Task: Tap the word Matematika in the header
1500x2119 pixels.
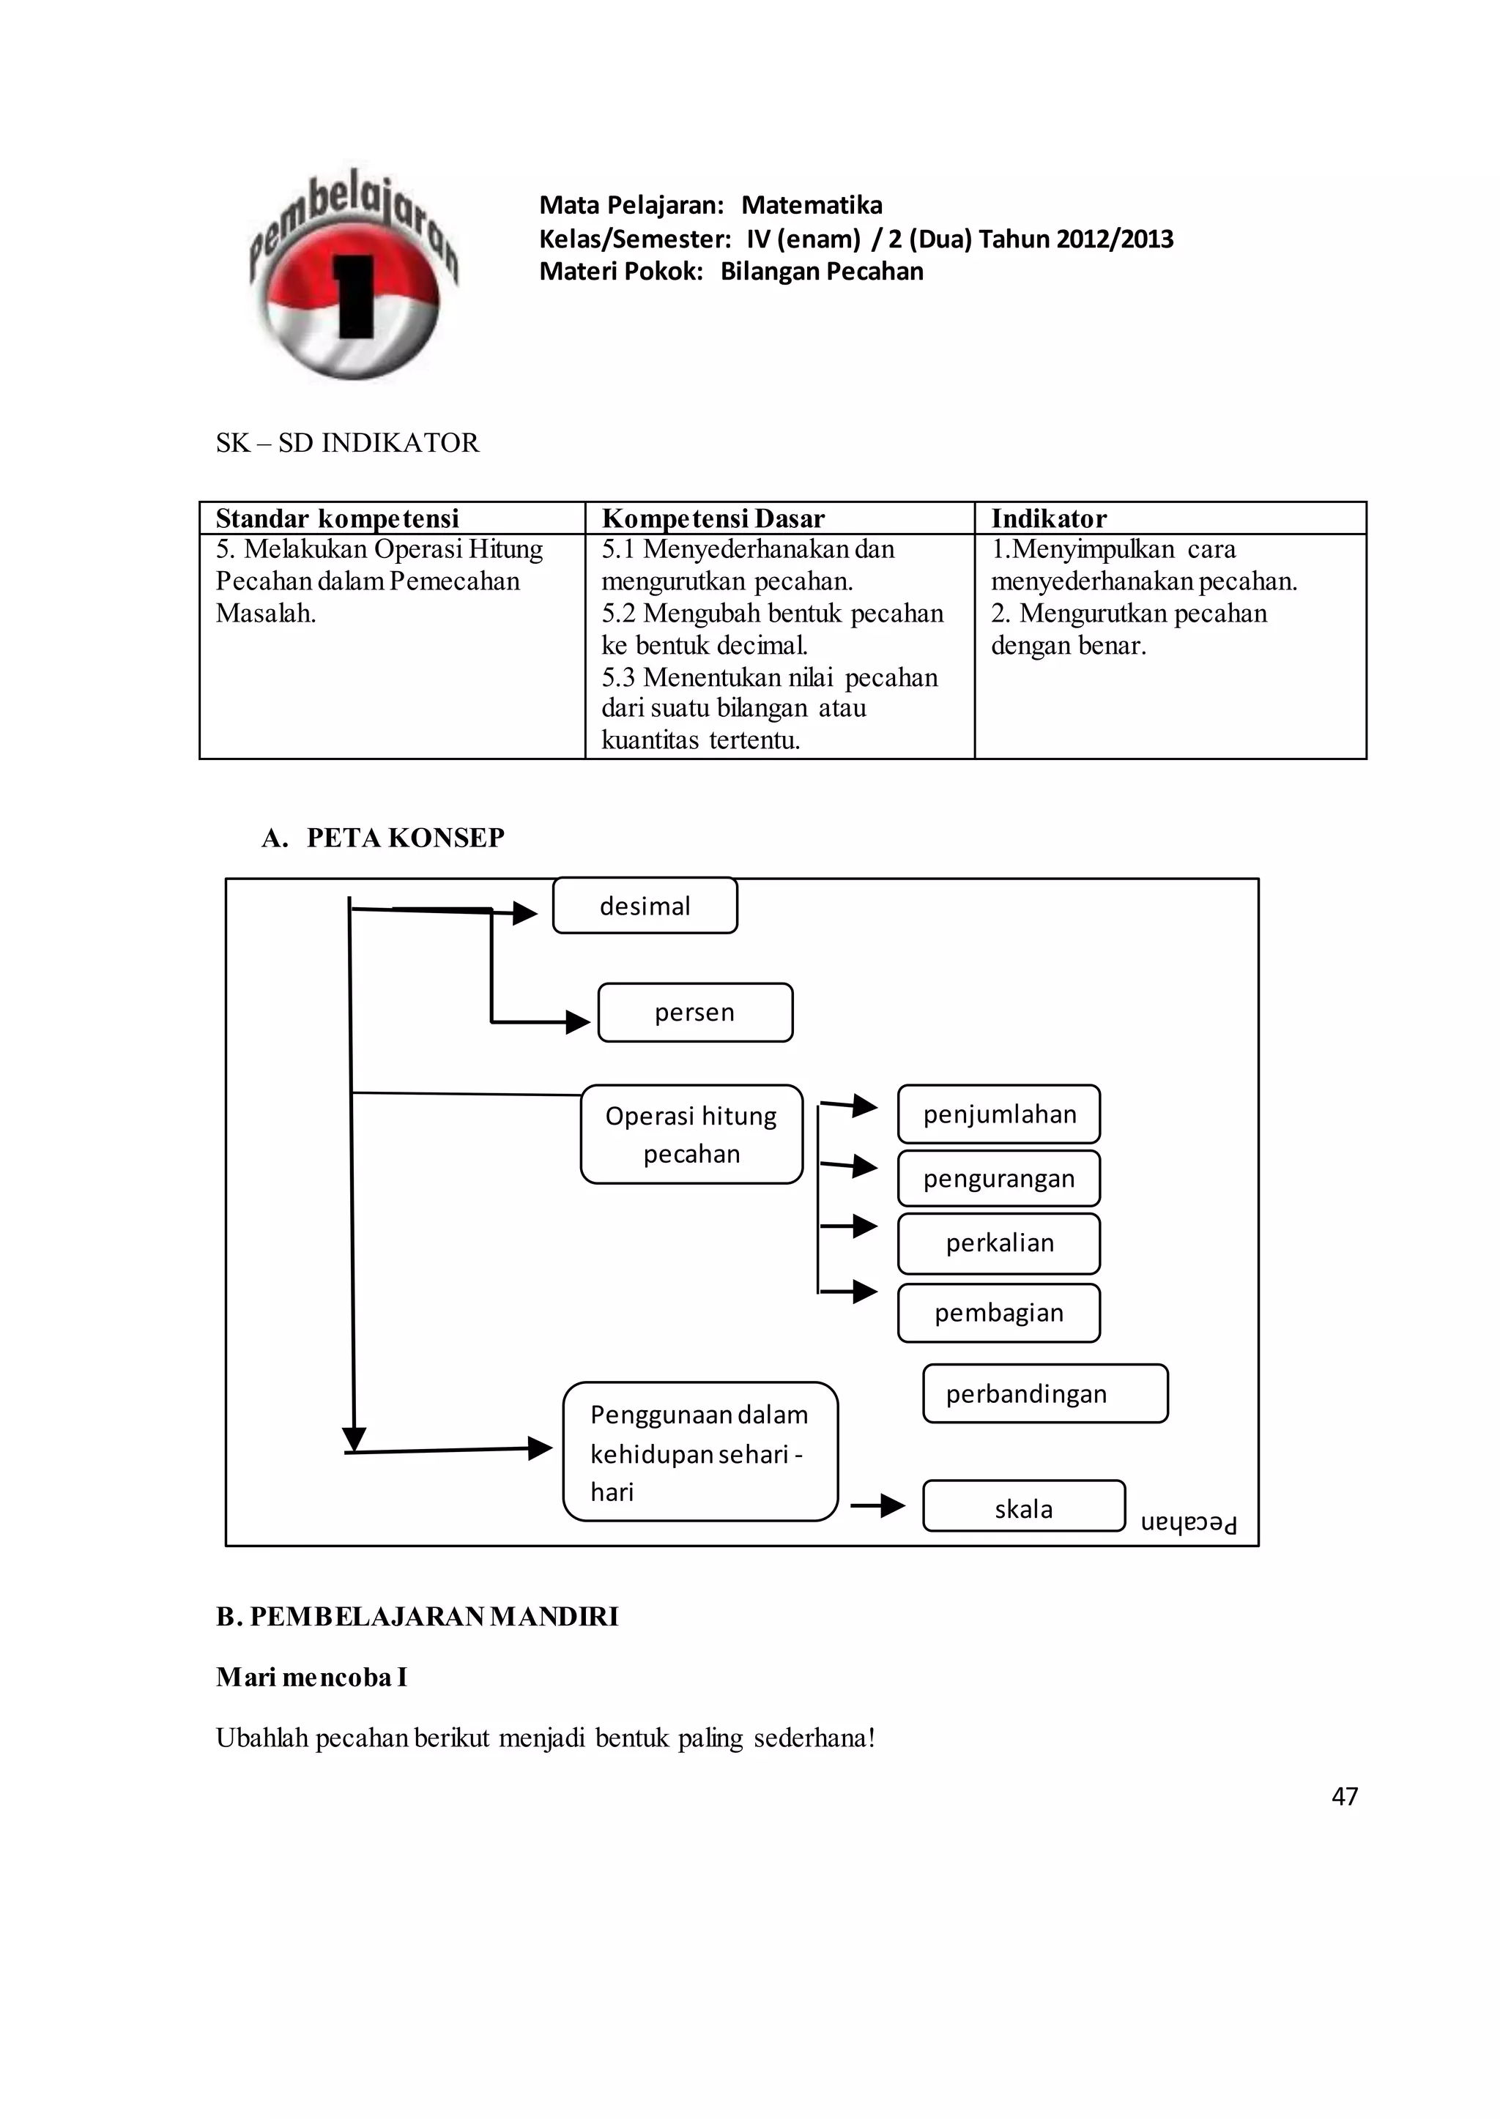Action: coord(811,205)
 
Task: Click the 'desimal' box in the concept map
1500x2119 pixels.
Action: coord(645,906)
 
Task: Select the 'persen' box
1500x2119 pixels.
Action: coord(694,1012)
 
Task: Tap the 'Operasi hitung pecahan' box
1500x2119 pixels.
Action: coord(691,1134)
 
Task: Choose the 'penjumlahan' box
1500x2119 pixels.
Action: coord(998,1114)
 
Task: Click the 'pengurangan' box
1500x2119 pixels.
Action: coord(998,1178)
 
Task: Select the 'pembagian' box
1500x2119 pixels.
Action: coord(998,1312)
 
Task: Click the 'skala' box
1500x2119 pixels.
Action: coord(1023,1508)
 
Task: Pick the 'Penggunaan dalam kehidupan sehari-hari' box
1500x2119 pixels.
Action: coord(699,1453)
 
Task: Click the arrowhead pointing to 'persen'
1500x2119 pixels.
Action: coord(578,1022)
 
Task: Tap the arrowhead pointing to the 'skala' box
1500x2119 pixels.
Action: coord(892,1506)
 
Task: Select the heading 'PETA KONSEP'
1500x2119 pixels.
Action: coord(404,838)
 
